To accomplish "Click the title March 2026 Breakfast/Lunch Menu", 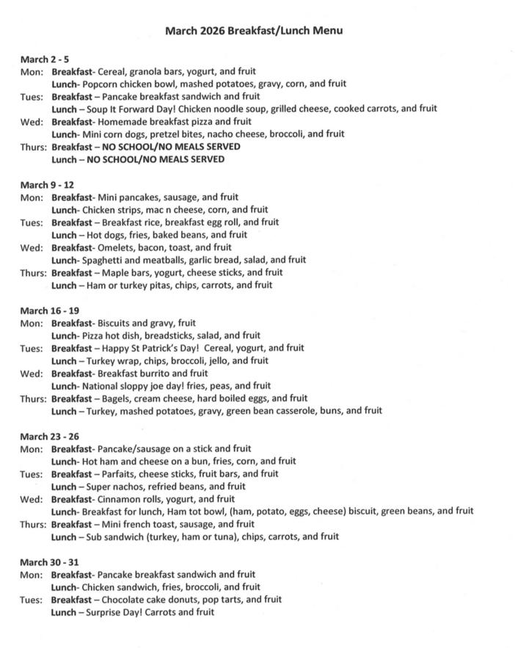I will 253,31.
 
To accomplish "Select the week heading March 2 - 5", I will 45,59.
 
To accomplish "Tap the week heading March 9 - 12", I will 47,185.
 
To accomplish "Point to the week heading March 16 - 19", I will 49,310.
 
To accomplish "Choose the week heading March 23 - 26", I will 49,437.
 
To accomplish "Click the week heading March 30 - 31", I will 49,562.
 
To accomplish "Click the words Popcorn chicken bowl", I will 126,84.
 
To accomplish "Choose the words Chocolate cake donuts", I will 150,600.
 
